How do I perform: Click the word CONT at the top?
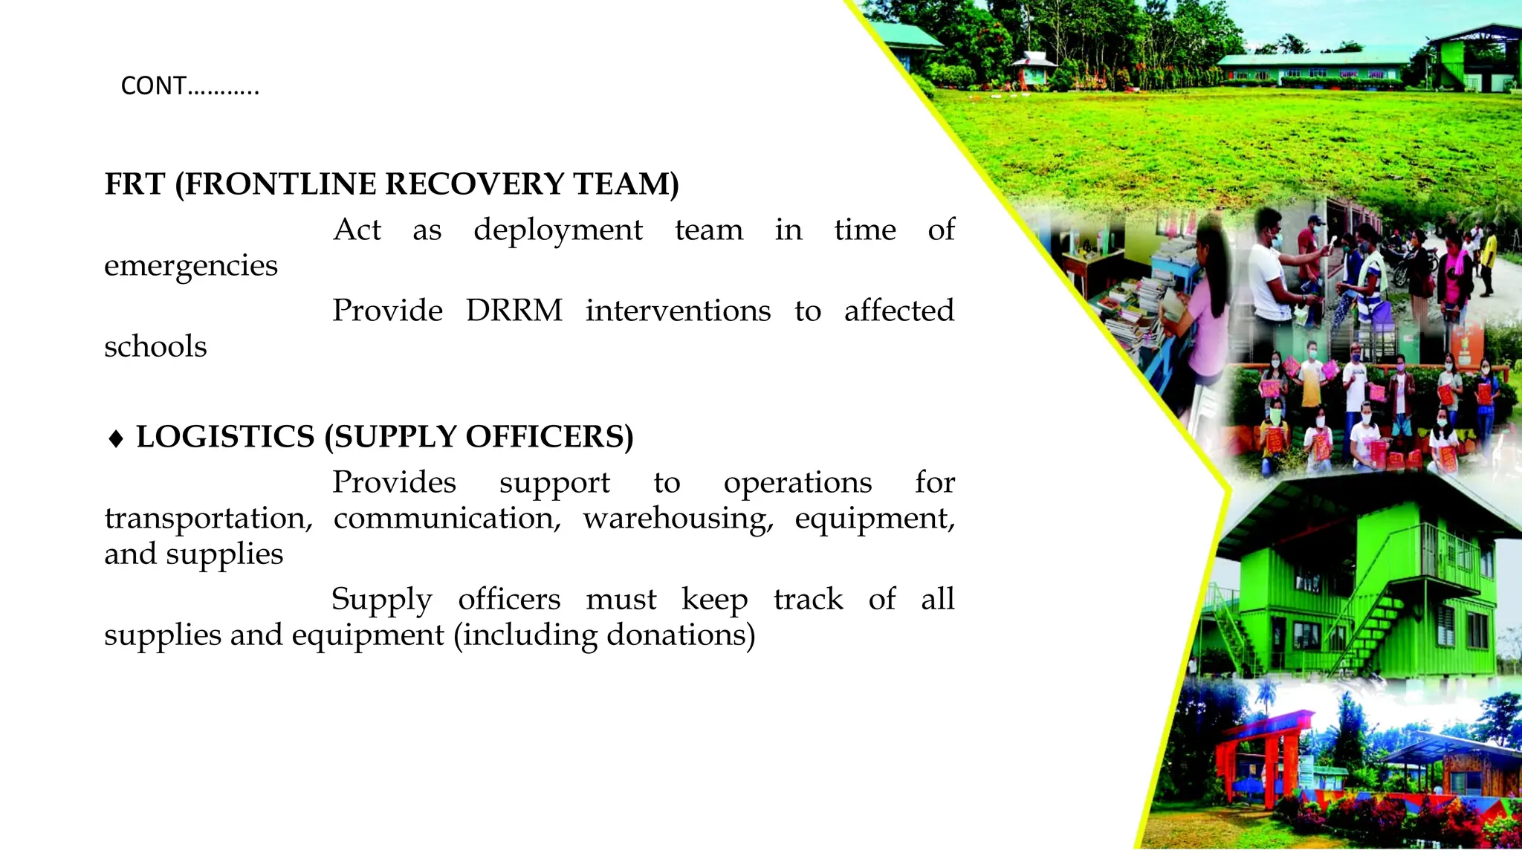154,86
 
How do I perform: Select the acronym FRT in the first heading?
135,184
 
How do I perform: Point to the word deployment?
557,230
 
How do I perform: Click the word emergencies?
191,266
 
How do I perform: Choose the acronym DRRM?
514,311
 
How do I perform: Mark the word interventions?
678,311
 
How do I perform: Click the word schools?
155,347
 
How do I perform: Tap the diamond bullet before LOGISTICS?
116,438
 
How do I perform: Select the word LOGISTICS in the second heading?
225,437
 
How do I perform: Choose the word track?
808,599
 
